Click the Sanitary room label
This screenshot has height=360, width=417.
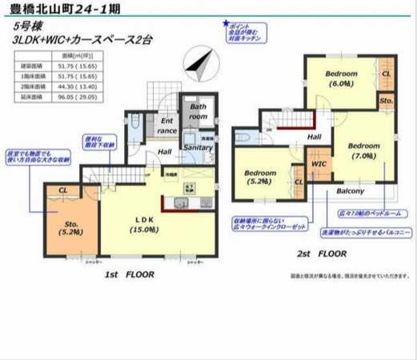tap(198, 148)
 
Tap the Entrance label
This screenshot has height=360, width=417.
tap(166, 125)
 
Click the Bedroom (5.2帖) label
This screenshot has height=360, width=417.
tap(260, 178)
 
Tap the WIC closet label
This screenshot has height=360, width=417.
tap(318, 164)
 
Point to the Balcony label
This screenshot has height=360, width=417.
tap(350, 191)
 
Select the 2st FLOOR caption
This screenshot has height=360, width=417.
tap(323, 254)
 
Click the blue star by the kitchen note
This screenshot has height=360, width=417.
tap(227, 25)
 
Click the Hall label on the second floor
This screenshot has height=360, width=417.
tap(315, 137)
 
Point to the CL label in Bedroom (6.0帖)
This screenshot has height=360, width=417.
tap(386, 74)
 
